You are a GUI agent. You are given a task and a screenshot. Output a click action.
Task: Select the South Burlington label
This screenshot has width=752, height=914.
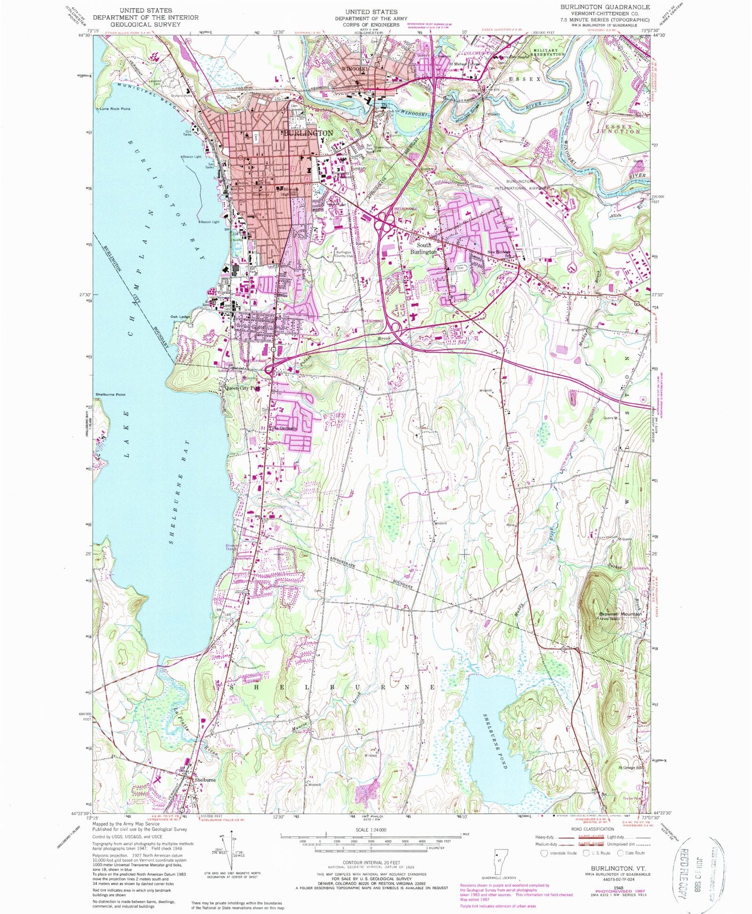point(424,249)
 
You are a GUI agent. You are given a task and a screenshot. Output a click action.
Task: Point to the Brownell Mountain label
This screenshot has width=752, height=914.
point(621,614)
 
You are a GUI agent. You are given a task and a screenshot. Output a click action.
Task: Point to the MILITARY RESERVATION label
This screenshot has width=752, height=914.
point(549,53)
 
